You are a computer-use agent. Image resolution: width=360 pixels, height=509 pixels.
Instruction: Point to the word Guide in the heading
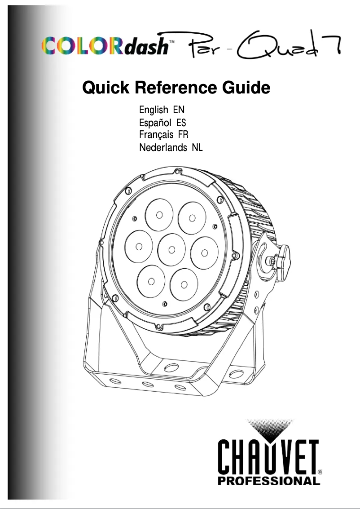(x=246, y=88)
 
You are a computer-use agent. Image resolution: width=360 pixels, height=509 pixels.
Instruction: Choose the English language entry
(x=154, y=110)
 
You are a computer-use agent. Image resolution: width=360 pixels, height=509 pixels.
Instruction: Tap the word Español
(x=155, y=123)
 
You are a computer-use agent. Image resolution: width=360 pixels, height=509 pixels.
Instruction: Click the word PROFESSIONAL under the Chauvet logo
(x=268, y=482)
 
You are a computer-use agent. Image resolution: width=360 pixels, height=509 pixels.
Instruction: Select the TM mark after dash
(x=171, y=40)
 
